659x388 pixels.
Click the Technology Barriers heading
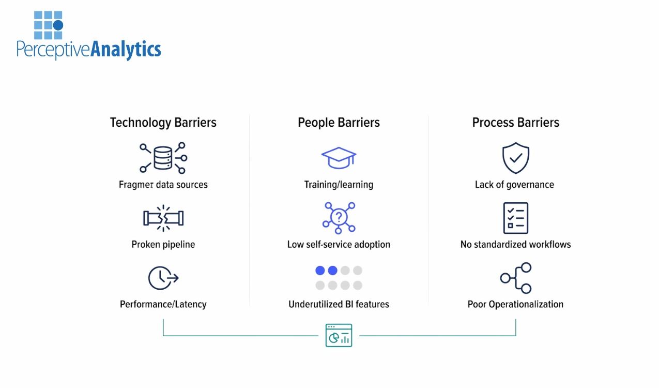163,123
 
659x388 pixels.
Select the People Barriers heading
339,123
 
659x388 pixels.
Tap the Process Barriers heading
515,123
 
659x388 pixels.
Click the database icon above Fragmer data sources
163,158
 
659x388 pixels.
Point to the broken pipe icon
163,218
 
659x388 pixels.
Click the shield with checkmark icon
515,158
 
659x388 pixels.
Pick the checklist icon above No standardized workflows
515,218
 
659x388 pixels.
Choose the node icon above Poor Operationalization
516,278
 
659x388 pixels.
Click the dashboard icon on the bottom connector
339,335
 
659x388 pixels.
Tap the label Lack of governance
514,185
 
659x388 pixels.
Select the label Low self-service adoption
339,244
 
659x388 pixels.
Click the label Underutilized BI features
339,304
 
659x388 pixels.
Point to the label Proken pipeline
163,244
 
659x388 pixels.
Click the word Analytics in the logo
126,50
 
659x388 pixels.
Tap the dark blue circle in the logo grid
58,25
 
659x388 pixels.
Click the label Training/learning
339,185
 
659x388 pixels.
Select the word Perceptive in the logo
53,50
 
